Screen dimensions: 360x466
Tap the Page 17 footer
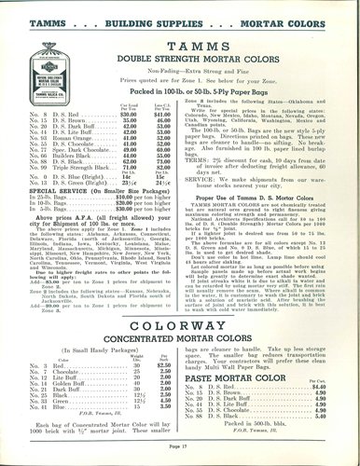tap(180, 451)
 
